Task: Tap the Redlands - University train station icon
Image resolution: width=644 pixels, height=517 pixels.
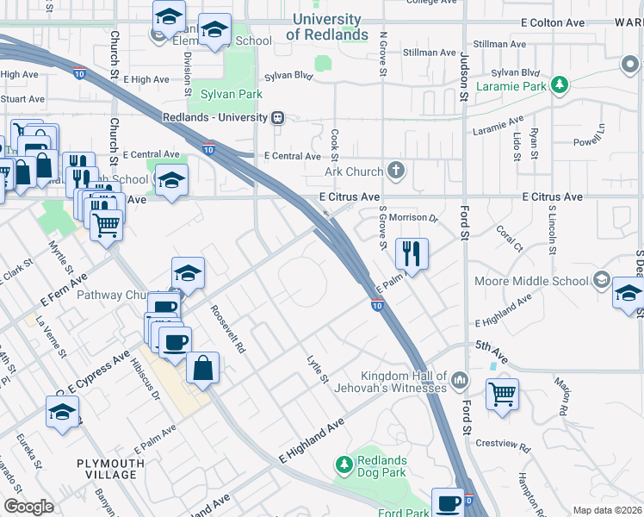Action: (x=277, y=118)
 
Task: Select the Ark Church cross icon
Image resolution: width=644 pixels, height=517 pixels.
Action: (x=396, y=169)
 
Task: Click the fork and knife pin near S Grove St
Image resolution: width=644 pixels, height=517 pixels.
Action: (x=412, y=253)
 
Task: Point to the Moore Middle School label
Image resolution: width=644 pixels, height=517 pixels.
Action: (x=531, y=281)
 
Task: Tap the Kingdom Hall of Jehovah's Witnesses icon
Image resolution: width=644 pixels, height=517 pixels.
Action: (x=461, y=378)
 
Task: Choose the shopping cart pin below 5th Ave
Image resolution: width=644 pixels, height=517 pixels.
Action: (x=502, y=394)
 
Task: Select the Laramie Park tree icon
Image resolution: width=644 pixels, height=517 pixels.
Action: (x=560, y=84)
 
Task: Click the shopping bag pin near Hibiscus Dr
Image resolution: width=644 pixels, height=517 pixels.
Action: (x=202, y=368)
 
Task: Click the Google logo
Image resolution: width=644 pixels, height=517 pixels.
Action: (x=28, y=507)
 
